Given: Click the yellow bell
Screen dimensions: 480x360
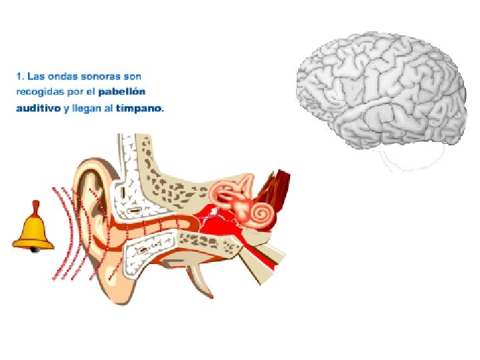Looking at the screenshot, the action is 33,231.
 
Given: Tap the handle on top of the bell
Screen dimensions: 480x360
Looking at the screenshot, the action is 35,207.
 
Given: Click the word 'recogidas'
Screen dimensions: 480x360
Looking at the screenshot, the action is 38,91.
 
